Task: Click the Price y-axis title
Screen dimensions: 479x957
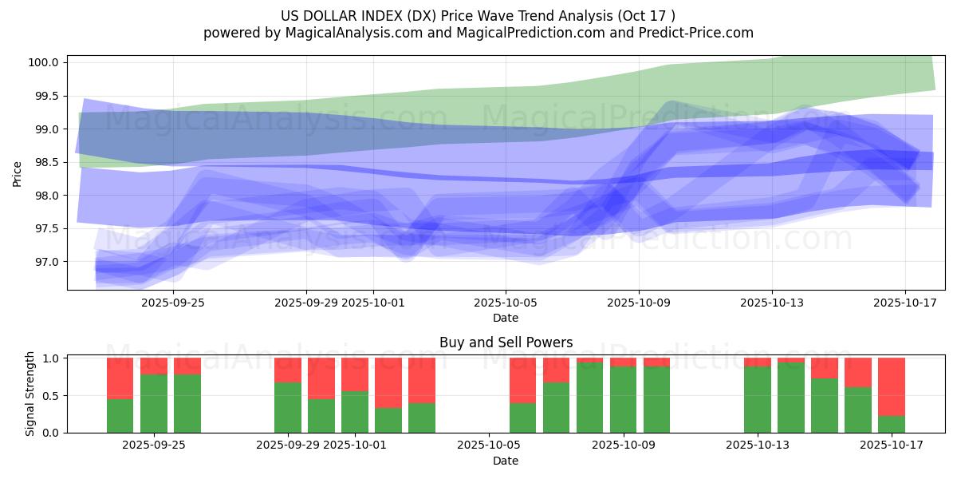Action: [x=18, y=172]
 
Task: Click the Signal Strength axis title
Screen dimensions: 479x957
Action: [x=30, y=394]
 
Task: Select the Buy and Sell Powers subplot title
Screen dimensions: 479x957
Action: [x=506, y=342]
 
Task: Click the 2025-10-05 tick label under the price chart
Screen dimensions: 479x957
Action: [x=505, y=303]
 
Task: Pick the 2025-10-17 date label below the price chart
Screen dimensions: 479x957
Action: [x=904, y=303]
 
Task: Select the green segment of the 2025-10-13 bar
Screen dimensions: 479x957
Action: [x=758, y=399]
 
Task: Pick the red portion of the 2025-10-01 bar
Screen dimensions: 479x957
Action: [x=355, y=374]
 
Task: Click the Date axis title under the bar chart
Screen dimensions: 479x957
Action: [x=506, y=461]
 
